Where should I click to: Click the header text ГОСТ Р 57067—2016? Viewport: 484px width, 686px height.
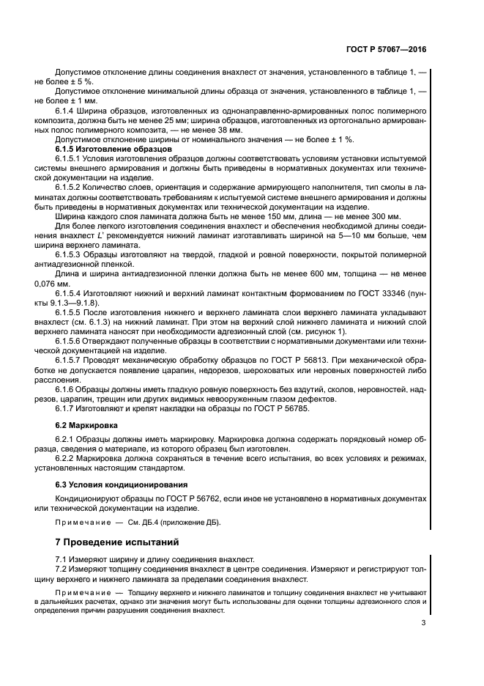pyautogui.click(x=387, y=50)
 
